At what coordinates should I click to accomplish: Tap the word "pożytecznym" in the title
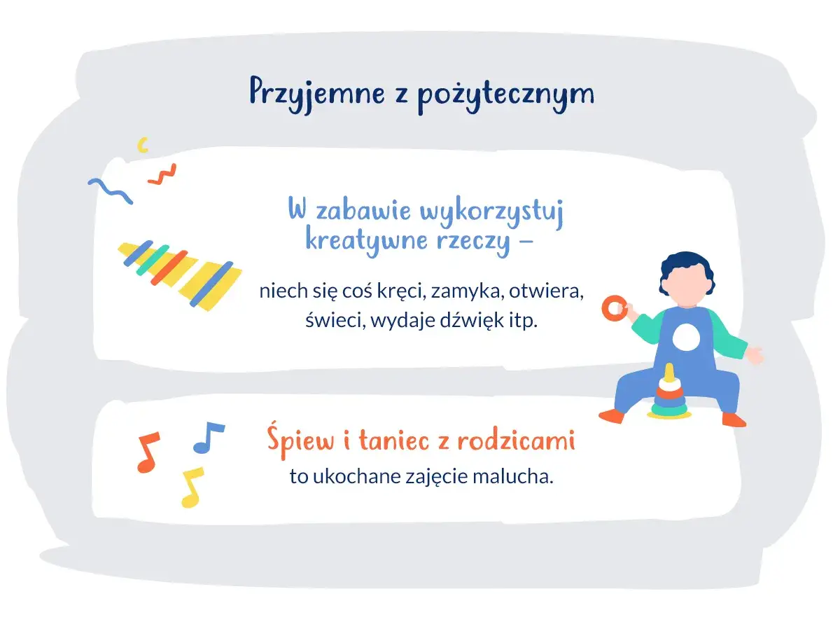point(505,95)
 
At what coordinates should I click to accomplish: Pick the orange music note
point(148,452)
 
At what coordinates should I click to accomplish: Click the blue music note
point(208,437)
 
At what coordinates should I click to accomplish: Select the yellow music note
point(192,486)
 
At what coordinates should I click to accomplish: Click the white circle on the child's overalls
point(685,339)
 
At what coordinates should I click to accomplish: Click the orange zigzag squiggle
point(162,174)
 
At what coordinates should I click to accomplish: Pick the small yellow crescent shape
point(143,145)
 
